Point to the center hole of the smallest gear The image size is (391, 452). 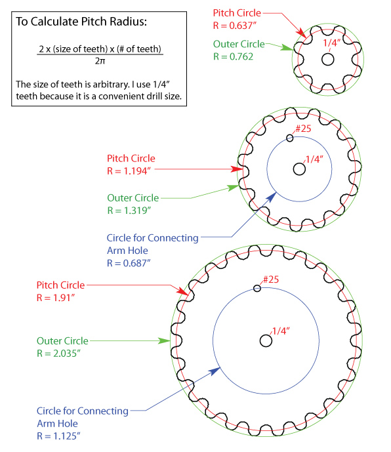[327, 58]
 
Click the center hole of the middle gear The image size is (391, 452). [299, 169]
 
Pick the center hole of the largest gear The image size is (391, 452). [266, 340]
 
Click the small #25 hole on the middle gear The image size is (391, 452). [290, 138]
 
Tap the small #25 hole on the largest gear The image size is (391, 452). [257, 289]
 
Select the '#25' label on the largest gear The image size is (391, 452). [271, 279]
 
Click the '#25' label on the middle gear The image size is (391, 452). [302, 128]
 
